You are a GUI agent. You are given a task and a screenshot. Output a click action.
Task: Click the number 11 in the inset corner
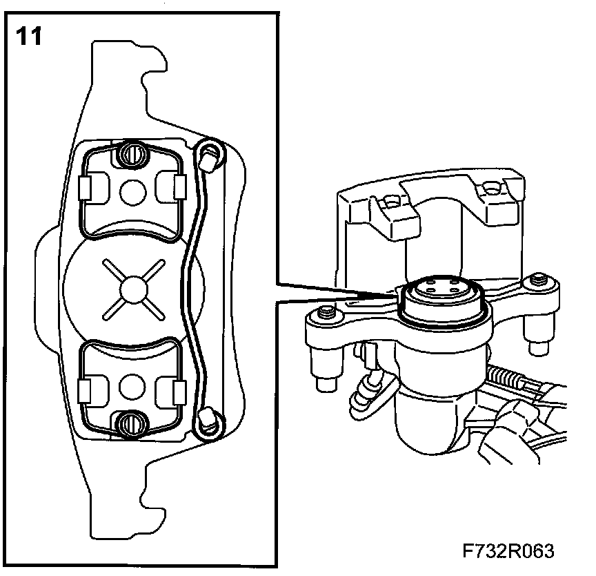click(28, 36)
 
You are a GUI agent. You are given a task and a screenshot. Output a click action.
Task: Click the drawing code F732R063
click(508, 552)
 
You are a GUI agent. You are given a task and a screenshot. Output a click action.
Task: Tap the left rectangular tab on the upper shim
click(86, 186)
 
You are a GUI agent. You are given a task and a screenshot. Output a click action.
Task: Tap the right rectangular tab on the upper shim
click(179, 186)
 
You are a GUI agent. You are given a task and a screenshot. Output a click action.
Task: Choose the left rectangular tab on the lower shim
click(86, 390)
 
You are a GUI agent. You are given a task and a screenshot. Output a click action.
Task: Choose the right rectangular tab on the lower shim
click(179, 390)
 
